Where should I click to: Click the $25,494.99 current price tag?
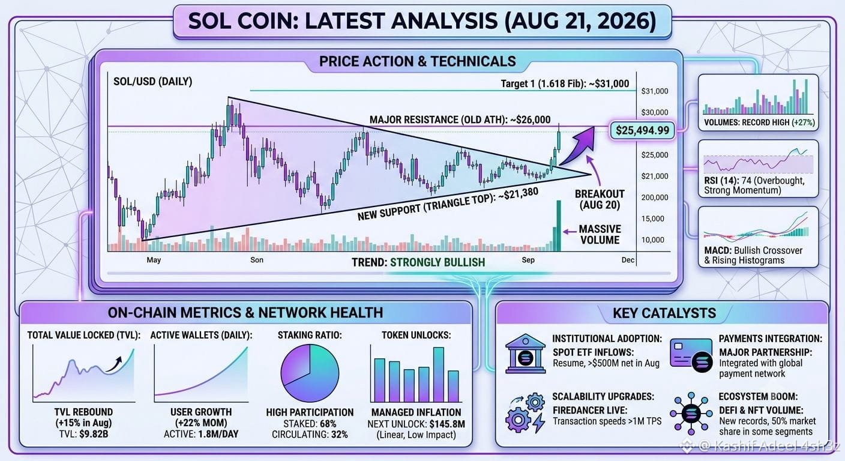[x=642, y=130]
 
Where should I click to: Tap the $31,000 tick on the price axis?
[x=655, y=91]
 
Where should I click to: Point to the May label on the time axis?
[x=154, y=260]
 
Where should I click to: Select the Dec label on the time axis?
[x=628, y=260]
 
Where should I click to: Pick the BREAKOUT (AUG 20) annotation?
[x=600, y=199]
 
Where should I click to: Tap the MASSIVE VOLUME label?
[x=600, y=234]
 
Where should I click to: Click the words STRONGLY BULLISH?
[x=438, y=262]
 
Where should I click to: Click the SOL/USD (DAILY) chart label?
[x=153, y=82]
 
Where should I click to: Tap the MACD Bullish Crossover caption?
[x=753, y=255]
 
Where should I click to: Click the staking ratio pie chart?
[x=310, y=373]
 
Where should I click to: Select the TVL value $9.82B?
[x=94, y=434]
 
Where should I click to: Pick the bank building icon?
[x=525, y=354]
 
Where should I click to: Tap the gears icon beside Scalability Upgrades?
[x=526, y=412]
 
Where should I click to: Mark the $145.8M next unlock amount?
[x=447, y=424]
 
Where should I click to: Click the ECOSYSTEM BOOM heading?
[x=758, y=397]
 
